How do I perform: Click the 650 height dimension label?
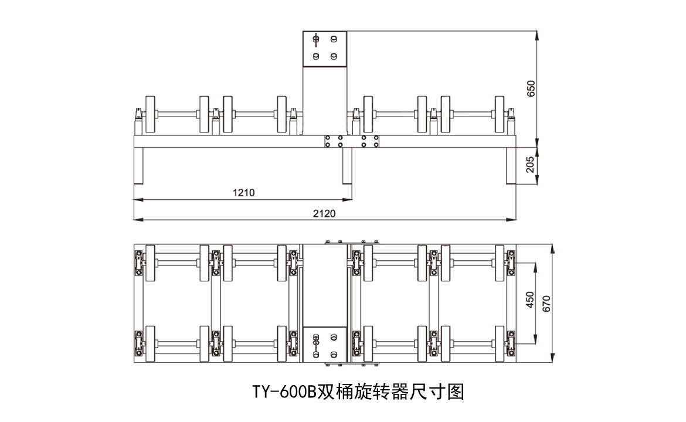531,88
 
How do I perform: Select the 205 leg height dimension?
531,166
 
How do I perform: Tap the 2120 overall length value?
324,213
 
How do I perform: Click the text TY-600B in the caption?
284,392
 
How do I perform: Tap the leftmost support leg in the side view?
139,166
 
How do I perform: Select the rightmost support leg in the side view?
511,166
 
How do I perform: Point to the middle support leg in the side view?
347,166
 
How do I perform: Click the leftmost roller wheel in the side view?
151,115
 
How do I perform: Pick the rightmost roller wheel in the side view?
500,115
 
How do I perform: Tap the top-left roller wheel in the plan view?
151,263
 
